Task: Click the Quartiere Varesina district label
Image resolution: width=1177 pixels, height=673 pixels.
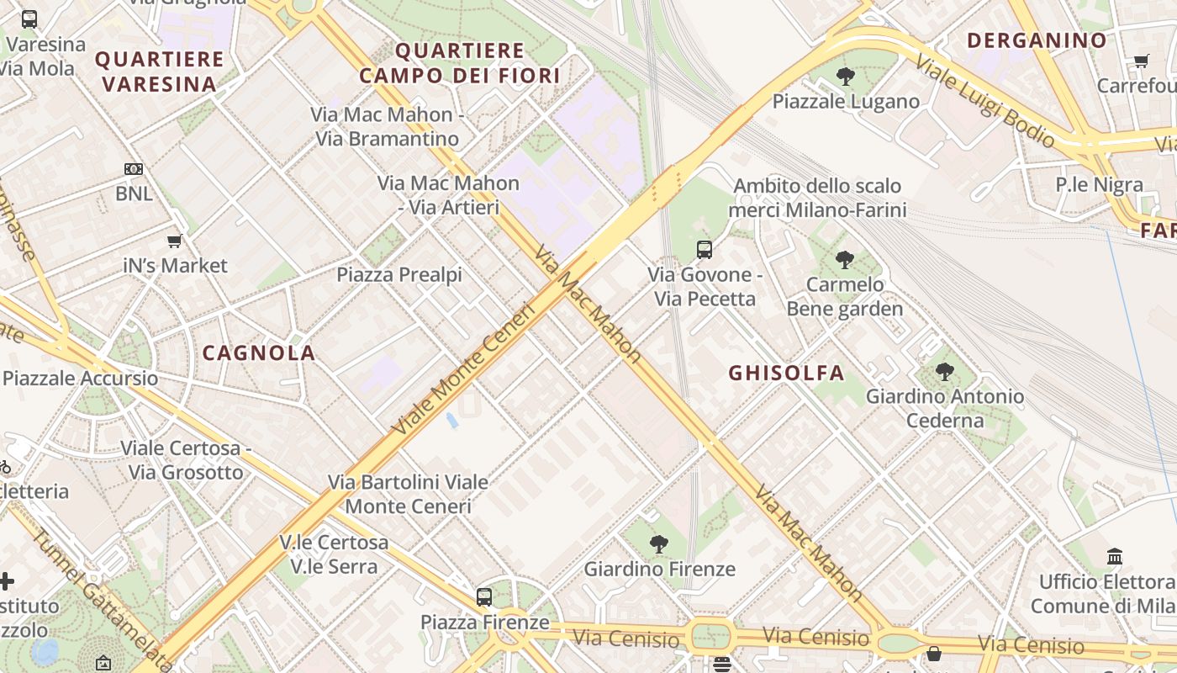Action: point(160,72)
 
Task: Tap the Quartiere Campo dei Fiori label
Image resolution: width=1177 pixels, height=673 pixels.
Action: point(460,63)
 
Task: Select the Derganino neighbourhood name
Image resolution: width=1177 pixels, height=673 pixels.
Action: point(1037,40)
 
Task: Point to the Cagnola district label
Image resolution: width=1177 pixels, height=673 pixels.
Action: point(259,353)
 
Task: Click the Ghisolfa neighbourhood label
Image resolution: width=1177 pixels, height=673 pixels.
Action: point(786,373)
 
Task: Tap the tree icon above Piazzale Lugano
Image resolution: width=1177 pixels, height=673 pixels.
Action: point(846,77)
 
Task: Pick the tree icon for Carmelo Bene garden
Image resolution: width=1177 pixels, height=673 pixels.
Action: point(845,260)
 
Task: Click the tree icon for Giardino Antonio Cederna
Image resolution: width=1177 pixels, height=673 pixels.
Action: point(945,371)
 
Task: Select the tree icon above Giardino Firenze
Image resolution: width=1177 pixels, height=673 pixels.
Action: point(659,544)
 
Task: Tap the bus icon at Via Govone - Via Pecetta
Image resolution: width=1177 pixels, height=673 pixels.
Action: point(705,250)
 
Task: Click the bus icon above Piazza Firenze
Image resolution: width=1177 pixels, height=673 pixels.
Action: point(484,597)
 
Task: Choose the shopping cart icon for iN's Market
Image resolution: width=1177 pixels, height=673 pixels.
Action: point(175,241)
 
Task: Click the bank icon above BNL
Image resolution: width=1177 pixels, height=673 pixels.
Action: point(134,169)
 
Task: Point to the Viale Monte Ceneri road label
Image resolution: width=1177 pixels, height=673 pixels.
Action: point(464,369)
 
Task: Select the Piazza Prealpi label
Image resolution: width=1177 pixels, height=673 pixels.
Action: point(399,274)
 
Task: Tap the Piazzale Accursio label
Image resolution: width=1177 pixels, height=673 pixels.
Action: point(80,378)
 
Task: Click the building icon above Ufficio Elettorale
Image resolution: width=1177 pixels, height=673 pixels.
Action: point(1115,557)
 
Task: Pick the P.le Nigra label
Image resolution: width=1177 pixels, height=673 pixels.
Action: point(1099,185)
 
